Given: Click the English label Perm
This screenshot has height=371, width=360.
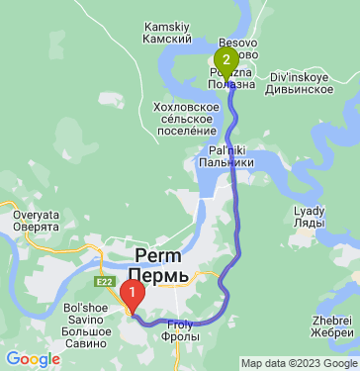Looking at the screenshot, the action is point(156,256).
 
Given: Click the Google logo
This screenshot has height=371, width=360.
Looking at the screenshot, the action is point(33,359).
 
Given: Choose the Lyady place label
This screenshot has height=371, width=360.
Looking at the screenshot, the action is point(308,211).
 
